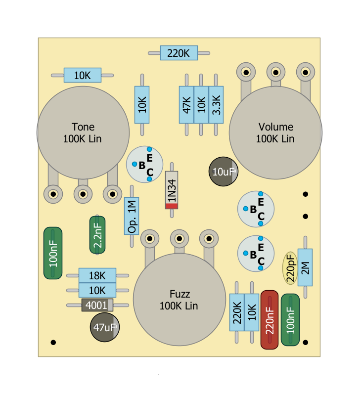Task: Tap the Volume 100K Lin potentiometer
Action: [275, 132]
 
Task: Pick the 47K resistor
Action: [186, 105]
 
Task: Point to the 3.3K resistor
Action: [216, 105]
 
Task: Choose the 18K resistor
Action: [97, 275]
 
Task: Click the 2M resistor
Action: [305, 267]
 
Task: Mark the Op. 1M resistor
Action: [132, 217]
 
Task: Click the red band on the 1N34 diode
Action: [171, 206]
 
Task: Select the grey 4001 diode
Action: [97, 305]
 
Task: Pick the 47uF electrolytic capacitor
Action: [104, 327]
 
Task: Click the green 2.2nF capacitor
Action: [97, 235]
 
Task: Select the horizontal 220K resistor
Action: [179, 53]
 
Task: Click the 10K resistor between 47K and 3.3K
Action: [201, 105]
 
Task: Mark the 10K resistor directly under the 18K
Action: [97, 290]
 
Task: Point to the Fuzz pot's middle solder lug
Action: [179, 239]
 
